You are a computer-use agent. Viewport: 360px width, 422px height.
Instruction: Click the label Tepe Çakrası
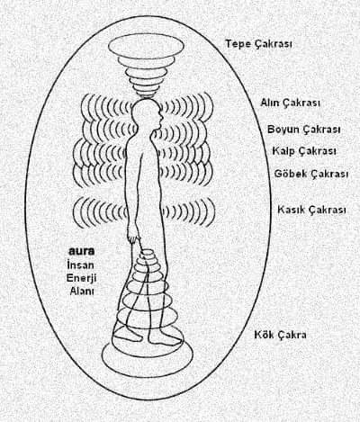pyautogui.click(x=259, y=44)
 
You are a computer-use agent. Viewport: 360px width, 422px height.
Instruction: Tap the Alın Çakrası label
pyautogui.click(x=290, y=103)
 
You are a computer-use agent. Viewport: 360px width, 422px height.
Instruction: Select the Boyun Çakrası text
pyautogui.click(x=304, y=130)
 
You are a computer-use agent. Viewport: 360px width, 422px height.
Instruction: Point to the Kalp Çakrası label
pyautogui.click(x=304, y=151)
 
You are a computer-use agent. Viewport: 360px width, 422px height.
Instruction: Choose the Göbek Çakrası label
pyautogui.click(x=311, y=174)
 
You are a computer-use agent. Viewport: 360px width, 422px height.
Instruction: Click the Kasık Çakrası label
pyautogui.click(x=311, y=210)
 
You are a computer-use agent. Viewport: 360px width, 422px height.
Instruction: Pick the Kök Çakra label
pyautogui.click(x=280, y=335)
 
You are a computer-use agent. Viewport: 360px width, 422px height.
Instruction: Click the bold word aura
pyautogui.click(x=82, y=251)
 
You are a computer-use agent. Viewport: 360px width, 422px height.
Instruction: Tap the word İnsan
pyautogui.click(x=80, y=265)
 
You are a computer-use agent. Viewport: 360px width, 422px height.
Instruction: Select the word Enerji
pyautogui.click(x=81, y=278)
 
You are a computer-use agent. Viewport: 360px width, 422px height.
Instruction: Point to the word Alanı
pyautogui.click(x=82, y=291)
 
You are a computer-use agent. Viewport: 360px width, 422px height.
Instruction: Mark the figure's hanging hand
pyautogui.click(x=133, y=238)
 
